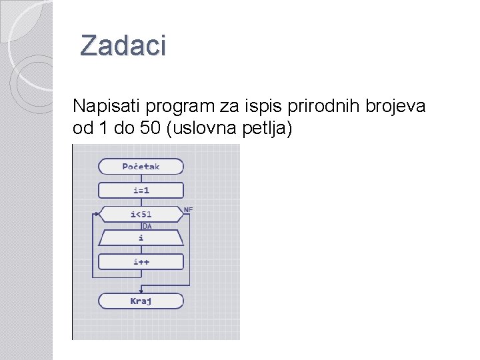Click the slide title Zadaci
(123, 46)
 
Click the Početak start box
(141, 167)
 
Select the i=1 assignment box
(141, 190)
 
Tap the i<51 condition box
(141, 214)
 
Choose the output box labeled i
(141, 237)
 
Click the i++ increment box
(141, 261)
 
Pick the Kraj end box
(141, 301)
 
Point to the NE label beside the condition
(188, 209)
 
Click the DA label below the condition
(147, 226)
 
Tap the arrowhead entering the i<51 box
(97, 214)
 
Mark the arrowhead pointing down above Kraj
(141, 290)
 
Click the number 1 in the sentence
(101, 129)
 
